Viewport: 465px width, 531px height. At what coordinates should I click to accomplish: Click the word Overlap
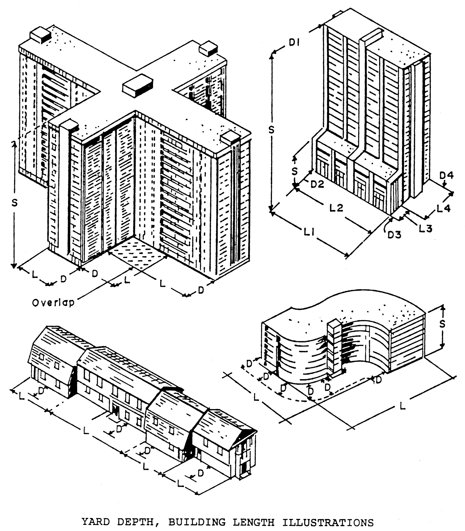coord(53,303)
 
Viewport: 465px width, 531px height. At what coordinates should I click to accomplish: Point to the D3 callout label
coord(394,235)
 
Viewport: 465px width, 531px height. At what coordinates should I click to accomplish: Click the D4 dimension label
coord(446,176)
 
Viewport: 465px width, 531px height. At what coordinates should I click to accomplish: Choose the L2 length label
coord(336,207)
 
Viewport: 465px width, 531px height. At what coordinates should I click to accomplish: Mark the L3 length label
coord(426,228)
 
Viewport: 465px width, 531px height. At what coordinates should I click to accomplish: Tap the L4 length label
coord(444,208)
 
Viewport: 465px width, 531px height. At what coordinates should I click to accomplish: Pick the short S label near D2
coord(294,171)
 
